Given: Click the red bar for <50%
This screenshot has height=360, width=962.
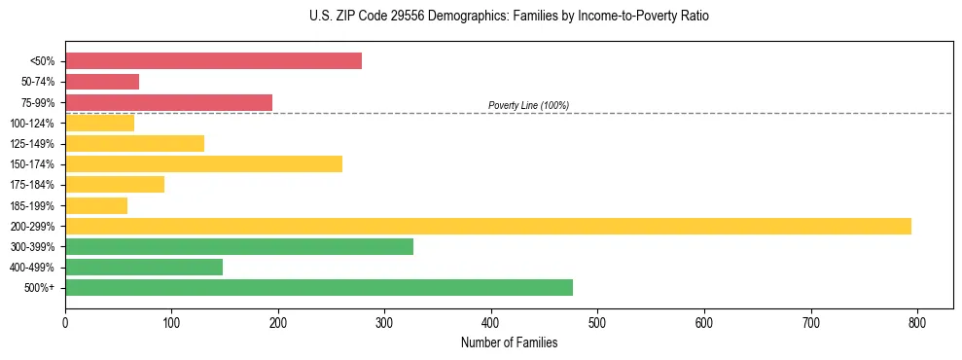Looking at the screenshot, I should point(213,61).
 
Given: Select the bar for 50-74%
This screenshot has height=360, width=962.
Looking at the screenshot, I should point(102,82).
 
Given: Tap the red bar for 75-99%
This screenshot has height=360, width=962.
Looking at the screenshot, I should point(168,102).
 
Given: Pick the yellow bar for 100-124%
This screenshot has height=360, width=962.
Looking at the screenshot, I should point(99,123).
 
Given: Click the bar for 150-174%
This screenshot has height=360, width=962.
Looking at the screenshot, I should point(203,163).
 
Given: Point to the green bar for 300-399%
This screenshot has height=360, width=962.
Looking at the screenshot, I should point(239,246).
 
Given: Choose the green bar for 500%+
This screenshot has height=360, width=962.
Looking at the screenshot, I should point(319,287).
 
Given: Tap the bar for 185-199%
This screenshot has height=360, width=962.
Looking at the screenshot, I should point(96,205).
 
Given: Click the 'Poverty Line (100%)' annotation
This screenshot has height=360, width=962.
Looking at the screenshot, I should point(528,105).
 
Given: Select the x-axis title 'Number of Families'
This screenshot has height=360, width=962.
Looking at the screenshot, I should point(509,342).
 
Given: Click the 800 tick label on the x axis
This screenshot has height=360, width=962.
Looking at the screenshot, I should point(917,321).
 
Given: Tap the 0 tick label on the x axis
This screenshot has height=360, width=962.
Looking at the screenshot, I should point(65,321).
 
